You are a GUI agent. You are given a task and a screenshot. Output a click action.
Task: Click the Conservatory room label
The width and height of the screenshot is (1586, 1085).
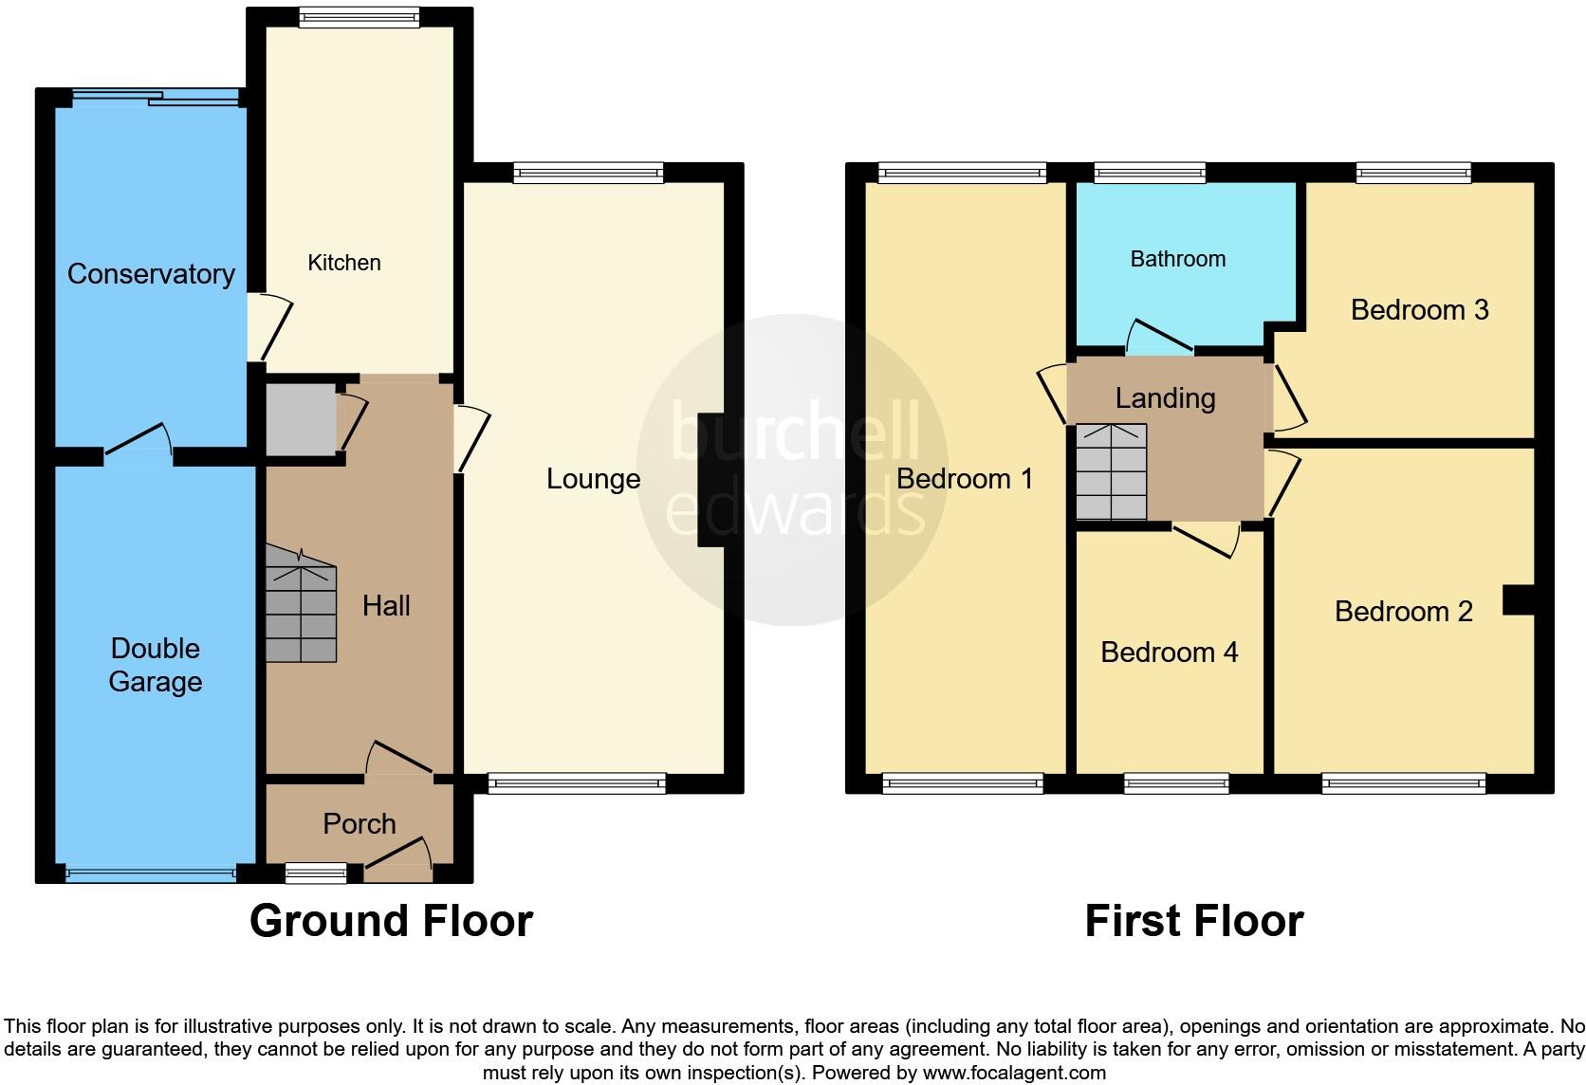pyautogui.click(x=151, y=274)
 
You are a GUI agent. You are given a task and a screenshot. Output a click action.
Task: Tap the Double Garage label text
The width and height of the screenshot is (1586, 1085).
pyautogui.click(x=156, y=665)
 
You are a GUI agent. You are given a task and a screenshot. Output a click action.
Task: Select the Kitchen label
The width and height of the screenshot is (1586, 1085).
pyautogui.click(x=344, y=263)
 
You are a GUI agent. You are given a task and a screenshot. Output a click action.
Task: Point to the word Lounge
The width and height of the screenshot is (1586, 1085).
pyautogui.click(x=593, y=479)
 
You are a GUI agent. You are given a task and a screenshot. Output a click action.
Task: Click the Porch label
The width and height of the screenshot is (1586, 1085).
pyautogui.click(x=360, y=823)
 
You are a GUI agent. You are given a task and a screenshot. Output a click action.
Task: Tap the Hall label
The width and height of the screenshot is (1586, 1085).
pyautogui.click(x=386, y=606)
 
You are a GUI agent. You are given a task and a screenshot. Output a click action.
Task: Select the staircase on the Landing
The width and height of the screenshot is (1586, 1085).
pyautogui.click(x=1112, y=472)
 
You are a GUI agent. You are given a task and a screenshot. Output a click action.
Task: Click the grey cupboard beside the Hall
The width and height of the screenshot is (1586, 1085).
pyautogui.click(x=300, y=419)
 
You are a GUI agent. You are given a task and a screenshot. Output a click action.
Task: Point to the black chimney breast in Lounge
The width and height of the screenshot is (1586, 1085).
pyautogui.click(x=710, y=480)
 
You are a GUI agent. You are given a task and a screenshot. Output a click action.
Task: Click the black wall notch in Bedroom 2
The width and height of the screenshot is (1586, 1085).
pyautogui.click(x=1519, y=600)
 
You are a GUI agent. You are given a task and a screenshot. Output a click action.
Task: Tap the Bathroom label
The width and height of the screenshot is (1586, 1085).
pyautogui.click(x=1178, y=259)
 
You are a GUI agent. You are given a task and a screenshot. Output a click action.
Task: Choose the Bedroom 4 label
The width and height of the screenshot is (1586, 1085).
pyautogui.click(x=1169, y=653)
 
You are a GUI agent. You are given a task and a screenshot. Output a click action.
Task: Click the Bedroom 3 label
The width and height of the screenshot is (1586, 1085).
pyautogui.click(x=1419, y=310)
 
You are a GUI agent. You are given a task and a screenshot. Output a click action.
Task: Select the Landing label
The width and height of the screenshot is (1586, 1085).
pyautogui.click(x=1165, y=398)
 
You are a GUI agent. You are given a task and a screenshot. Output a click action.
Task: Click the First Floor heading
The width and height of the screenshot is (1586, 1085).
pyautogui.click(x=1193, y=921)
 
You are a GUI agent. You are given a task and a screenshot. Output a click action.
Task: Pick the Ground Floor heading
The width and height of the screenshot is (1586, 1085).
pyautogui.click(x=391, y=921)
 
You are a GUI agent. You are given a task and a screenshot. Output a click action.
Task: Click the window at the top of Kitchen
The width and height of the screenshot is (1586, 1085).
pyautogui.click(x=359, y=16)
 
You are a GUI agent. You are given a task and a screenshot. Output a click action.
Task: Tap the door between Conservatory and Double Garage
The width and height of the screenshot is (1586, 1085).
pyautogui.click(x=138, y=445)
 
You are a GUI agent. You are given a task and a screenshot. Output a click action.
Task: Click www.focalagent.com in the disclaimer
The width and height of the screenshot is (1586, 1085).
pyautogui.click(x=1013, y=1073)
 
